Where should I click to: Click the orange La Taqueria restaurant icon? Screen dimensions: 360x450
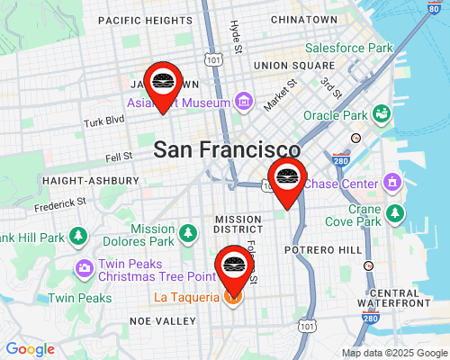[232, 296]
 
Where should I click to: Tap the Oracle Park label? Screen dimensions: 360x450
[336, 115]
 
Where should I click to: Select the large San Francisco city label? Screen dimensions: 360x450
[227, 150]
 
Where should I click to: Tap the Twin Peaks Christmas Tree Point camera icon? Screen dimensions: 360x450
[84, 268]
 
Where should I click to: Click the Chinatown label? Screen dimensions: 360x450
[303, 19]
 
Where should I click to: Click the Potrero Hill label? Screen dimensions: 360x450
[322, 248]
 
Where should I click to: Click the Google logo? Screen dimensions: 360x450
[30, 349]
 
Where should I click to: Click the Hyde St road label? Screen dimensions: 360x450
[236, 35]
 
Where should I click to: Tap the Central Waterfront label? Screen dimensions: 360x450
[401, 298]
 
